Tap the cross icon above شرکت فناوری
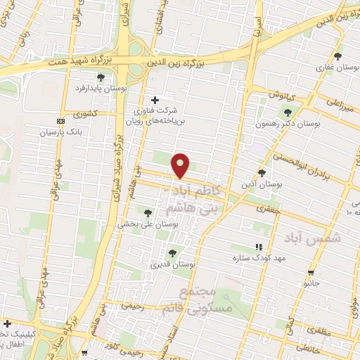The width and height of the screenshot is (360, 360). click(x=155, y=100)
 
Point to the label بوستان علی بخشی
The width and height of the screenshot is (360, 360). click(x=147, y=224)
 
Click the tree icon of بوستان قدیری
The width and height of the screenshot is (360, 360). click(x=172, y=253)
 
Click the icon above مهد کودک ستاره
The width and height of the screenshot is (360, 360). click(x=259, y=247)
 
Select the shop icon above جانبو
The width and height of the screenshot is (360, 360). click(x=311, y=271)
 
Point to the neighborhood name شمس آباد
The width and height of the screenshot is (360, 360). click(x=313, y=238)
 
